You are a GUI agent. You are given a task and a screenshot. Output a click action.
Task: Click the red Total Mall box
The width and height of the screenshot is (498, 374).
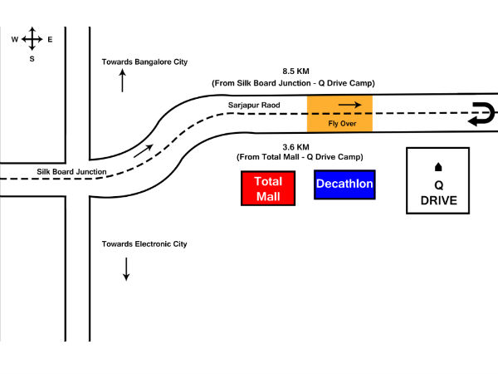pyautogui.click(x=268, y=189)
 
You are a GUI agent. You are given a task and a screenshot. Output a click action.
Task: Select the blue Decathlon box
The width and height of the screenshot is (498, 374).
pyautogui.click(x=344, y=185)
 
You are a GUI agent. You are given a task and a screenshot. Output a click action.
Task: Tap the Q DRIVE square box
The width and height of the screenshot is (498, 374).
pyautogui.click(x=438, y=181)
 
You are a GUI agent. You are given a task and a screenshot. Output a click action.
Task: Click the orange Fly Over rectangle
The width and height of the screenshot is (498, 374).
pyautogui.click(x=339, y=113)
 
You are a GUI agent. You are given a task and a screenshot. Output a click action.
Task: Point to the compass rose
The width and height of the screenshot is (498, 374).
pyautogui.click(x=32, y=39)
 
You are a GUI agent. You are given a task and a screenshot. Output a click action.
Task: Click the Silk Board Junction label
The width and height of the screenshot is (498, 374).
pyautogui.click(x=72, y=171)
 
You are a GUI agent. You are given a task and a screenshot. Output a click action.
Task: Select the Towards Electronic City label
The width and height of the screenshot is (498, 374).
pyautogui.click(x=144, y=244)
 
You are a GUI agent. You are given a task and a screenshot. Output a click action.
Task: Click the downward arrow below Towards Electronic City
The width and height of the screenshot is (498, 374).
pyautogui.click(x=126, y=268)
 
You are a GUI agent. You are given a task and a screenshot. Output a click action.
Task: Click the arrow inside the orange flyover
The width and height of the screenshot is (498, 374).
pyautogui.click(x=349, y=105)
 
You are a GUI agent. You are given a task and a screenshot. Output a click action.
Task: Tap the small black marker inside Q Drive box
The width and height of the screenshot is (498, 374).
pyautogui.click(x=438, y=167)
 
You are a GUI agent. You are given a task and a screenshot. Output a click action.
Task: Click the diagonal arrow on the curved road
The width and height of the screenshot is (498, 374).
pyautogui.click(x=144, y=150)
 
